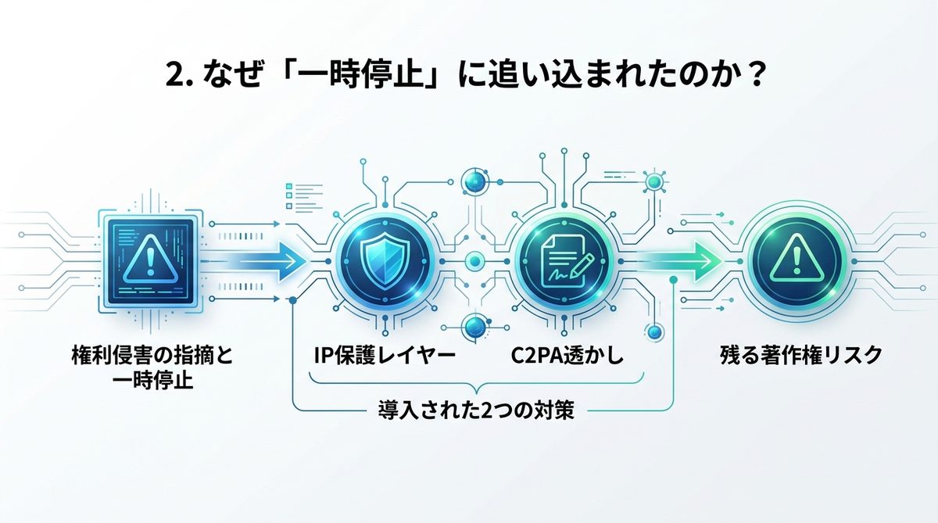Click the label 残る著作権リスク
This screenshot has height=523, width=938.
click(801, 356)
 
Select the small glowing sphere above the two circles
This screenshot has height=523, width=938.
click(474, 181)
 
